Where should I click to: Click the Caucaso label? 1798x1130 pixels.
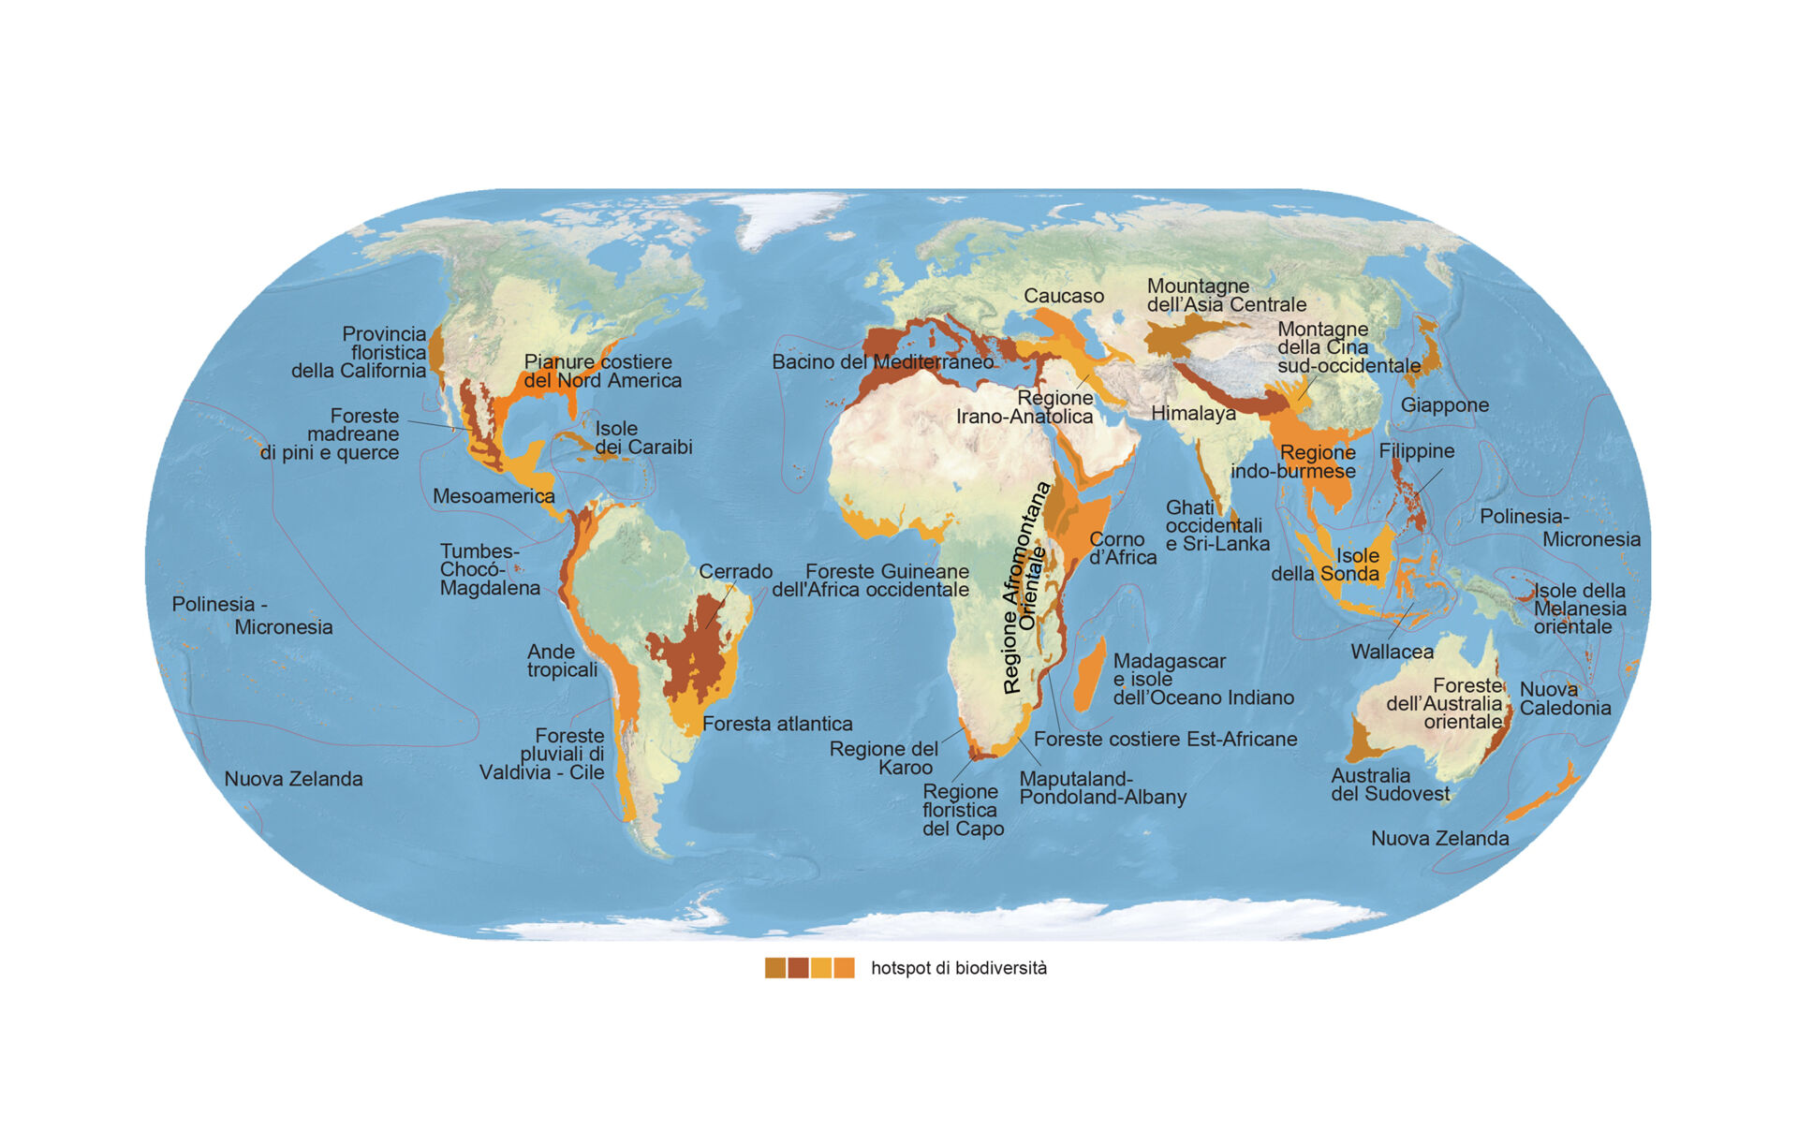pyautogui.click(x=1063, y=296)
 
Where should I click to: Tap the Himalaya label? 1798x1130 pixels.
pyautogui.click(x=1193, y=413)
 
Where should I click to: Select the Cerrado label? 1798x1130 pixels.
pyautogui.click(x=735, y=571)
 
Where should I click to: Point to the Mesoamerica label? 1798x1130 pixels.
pyautogui.click(x=494, y=496)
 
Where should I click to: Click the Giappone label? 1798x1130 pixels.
pyautogui.click(x=1444, y=404)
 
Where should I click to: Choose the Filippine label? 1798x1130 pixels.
pyautogui.click(x=1416, y=450)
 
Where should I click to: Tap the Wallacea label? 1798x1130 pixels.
pyautogui.click(x=1392, y=652)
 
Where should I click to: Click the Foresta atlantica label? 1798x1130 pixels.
pyautogui.click(x=777, y=724)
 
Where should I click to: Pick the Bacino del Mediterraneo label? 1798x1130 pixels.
pyautogui.click(x=882, y=361)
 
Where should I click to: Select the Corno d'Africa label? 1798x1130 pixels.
pyautogui.click(x=1122, y=549)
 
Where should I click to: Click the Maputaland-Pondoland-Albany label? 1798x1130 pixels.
pyautogui.click(x=1102, y=787)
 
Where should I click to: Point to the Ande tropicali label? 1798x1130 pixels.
pyautogui.click(x=562, y=660)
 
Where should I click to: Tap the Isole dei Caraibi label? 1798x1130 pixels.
pyautogui.click(x=643, y=437)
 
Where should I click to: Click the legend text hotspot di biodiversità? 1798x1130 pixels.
pyautogui.click(x=958, y=968)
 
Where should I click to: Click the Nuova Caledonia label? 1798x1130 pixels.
pyautogui.click(x=1564, y=698)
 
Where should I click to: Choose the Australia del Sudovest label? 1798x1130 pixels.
pyautogui.click(x=1390, y=785)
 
